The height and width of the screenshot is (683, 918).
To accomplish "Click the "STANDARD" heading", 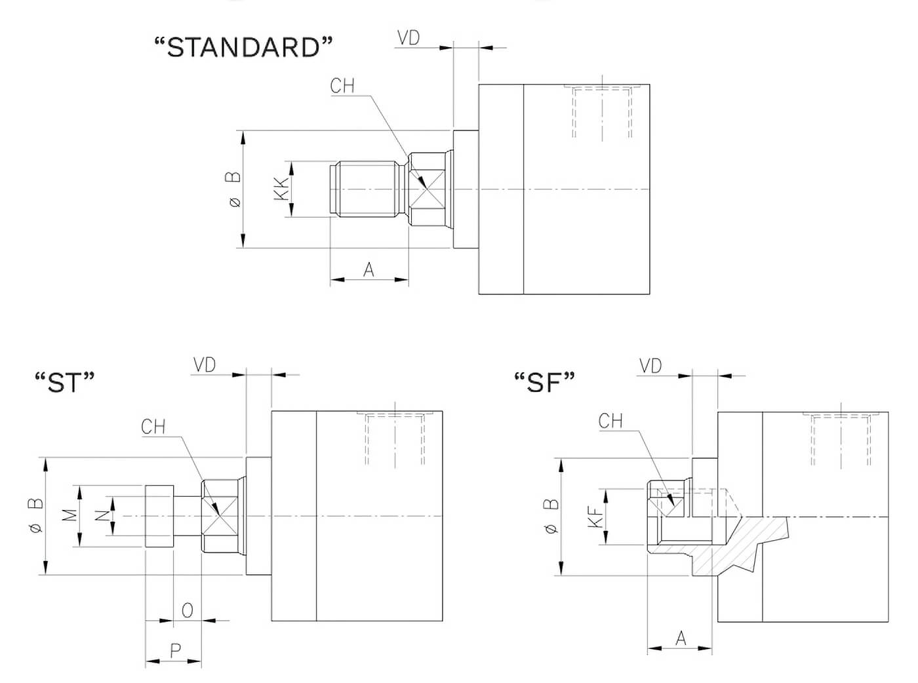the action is tap(243, 47).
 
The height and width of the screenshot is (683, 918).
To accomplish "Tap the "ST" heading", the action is tap(65, 382).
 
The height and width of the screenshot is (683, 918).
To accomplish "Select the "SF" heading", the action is tap(544, 382).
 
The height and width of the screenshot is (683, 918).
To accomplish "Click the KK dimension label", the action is tap(281, 189).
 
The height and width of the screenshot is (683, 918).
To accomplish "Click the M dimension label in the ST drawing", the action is tap(71, 515).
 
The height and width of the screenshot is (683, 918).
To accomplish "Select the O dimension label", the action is tap(187, 611).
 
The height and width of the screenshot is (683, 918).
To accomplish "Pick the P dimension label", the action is tap(176, 651).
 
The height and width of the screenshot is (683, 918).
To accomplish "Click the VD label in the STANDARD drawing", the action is tap(409, 37).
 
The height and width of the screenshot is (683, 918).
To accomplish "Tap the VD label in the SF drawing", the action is tap(650, 366).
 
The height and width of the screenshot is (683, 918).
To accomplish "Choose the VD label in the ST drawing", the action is tap(205, 365).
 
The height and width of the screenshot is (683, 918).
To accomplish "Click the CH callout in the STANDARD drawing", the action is tap(342, 86).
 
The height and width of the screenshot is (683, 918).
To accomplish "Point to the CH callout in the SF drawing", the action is tap(610, 421).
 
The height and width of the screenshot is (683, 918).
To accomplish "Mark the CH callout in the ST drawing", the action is tap(153, 427).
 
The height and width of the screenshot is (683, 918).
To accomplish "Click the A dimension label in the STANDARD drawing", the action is tap(369, 270).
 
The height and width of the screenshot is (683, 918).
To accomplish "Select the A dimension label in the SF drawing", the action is tap(681, 638).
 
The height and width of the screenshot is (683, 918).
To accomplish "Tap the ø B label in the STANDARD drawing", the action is tap(233, 189).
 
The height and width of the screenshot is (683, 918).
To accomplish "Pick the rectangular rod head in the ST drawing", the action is tap(159, 517).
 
